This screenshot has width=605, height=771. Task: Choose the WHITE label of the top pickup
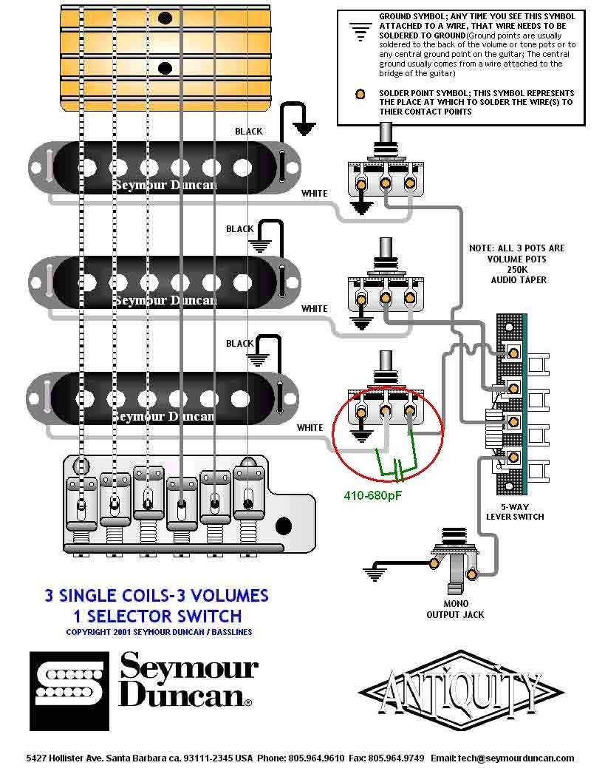coord(314,194)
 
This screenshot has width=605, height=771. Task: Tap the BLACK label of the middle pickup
coord(239,229)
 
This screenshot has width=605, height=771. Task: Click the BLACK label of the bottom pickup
coord(239,344)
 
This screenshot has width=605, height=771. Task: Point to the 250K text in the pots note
coord(516,270)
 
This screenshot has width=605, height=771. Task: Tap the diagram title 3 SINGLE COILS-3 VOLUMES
coord(156,595)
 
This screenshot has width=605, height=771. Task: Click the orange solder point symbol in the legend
coord(360,94)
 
